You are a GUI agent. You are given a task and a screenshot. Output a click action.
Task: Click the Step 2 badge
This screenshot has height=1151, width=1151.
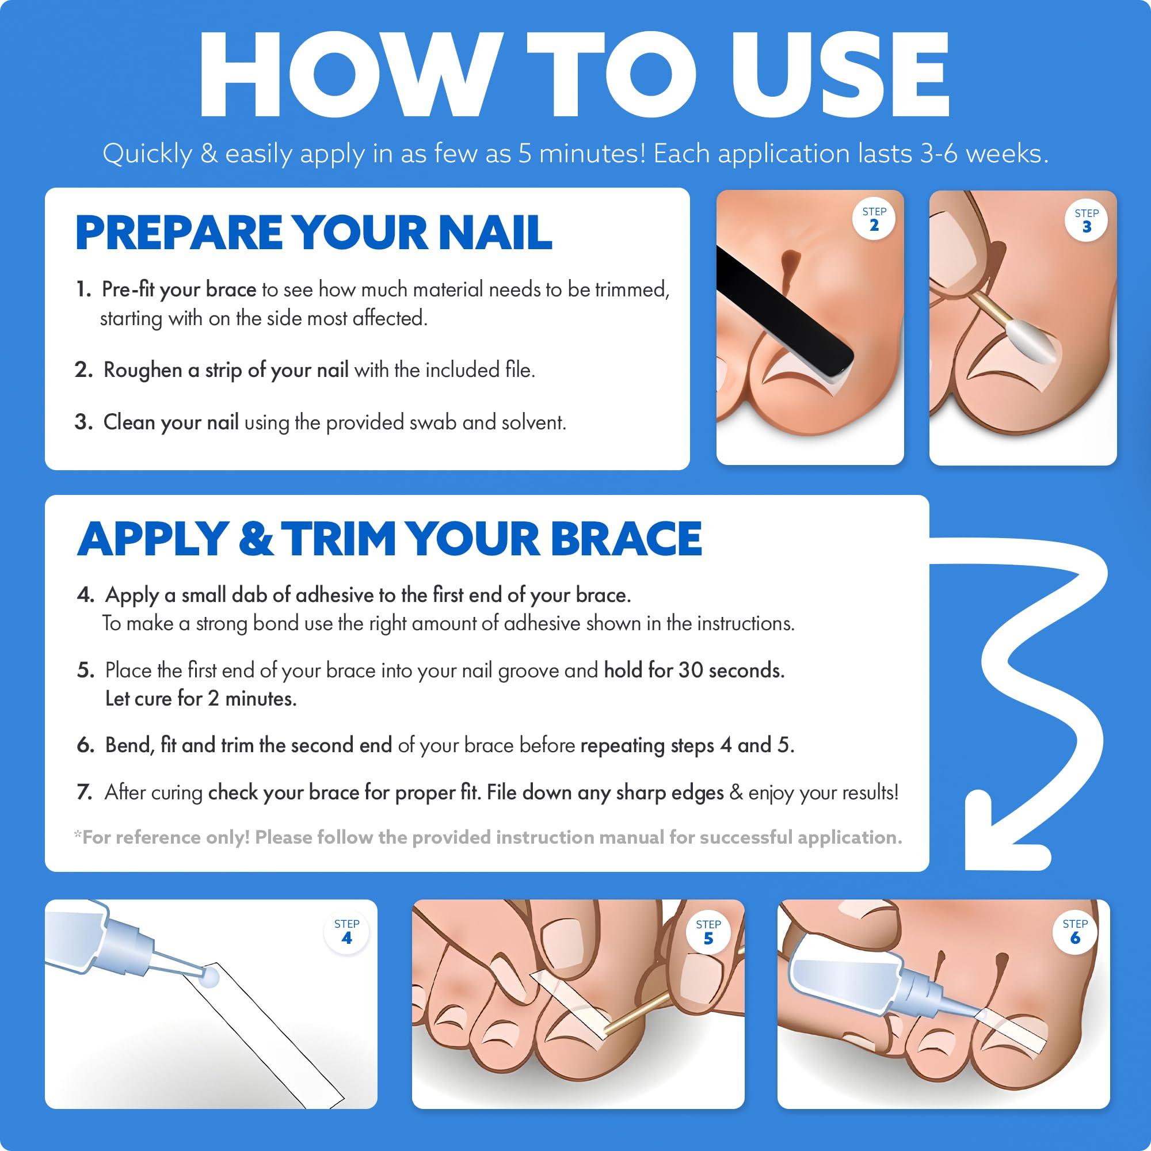click(x=874, y=219)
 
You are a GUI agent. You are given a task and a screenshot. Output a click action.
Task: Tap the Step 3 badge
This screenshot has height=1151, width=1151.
click(x=1087, y=221)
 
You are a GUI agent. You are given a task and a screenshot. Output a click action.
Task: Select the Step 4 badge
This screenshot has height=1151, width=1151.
click(x=346, y=931)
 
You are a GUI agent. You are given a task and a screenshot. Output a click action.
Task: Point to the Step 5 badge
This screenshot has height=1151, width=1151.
click(x=708, y=932)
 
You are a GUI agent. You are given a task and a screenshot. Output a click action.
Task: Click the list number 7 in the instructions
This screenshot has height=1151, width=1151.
click(x=84, y=793)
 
